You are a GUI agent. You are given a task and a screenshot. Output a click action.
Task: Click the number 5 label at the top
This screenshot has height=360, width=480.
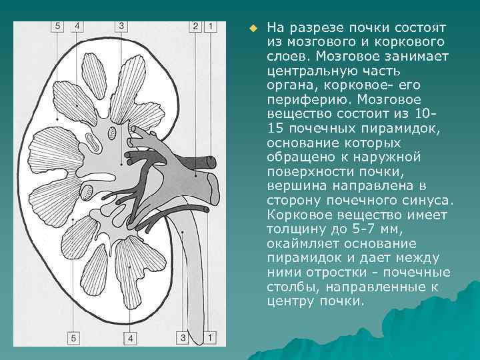57,27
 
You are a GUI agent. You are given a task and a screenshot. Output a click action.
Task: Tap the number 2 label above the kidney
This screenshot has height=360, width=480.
195,27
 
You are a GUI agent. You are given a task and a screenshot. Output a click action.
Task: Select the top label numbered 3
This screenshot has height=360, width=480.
121,27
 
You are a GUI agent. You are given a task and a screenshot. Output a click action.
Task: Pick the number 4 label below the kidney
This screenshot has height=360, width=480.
131,339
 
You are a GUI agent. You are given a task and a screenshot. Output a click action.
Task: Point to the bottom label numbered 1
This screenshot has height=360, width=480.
210,337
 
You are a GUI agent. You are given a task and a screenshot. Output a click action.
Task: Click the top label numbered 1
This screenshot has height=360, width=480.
210,27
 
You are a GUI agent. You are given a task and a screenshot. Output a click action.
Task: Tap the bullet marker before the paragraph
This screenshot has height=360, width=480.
253,29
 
